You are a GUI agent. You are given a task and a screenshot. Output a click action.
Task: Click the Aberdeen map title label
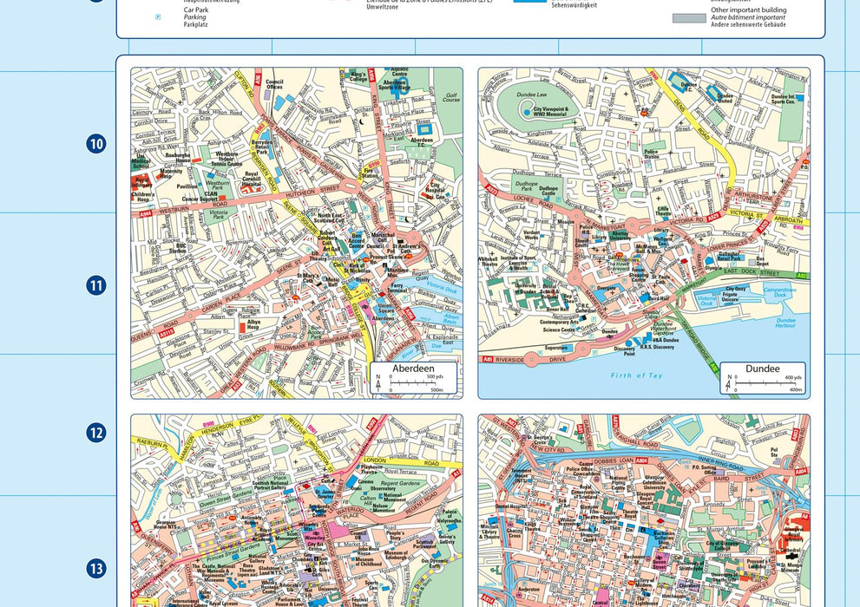pos(413,369)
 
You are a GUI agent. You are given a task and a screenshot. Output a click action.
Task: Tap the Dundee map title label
pos(762,369)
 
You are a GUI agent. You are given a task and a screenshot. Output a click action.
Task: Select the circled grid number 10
pos(96,144)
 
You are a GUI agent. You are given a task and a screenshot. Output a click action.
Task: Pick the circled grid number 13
pos(96,569)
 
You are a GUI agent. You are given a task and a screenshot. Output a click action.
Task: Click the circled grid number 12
pos(96,433)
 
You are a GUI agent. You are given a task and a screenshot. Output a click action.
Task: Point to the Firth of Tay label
pos(636,375)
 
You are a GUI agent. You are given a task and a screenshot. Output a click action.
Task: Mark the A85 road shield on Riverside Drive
pos(489,357)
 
